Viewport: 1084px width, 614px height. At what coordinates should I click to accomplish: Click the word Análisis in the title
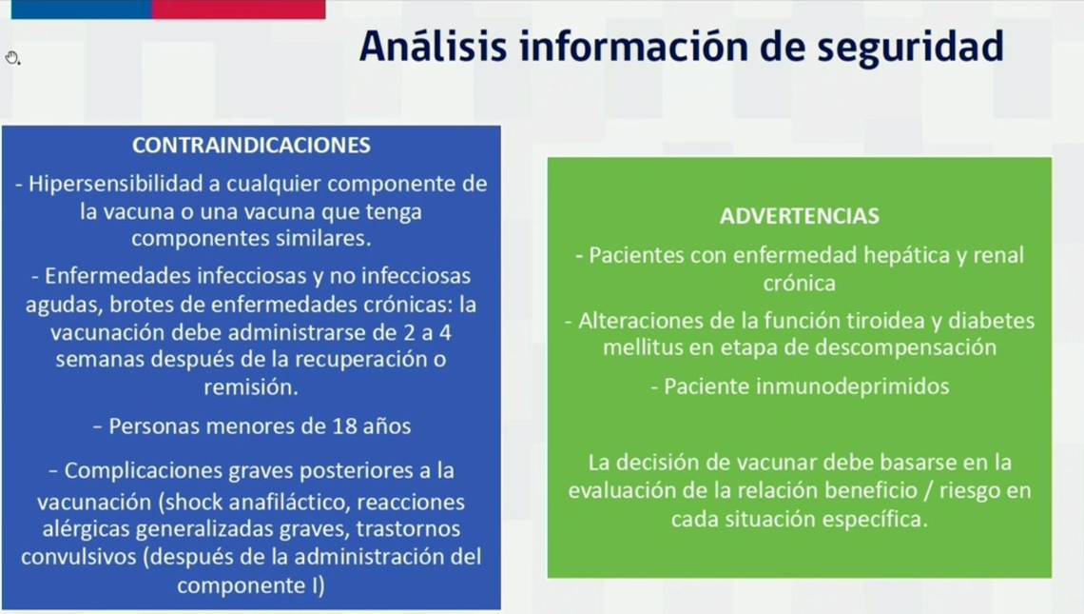pyautogui.click(x=433, y=46)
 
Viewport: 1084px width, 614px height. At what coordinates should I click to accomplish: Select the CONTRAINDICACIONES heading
pyautogui.click(x=251, y=146)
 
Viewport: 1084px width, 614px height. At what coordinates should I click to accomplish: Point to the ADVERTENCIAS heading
pyautogui.click(x=799, y=216)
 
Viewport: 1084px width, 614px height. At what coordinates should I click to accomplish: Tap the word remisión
pyautogui.click(x=251, y=386)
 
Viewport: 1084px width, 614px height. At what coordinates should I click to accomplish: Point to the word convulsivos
pyautogui.click(x=79, y=557)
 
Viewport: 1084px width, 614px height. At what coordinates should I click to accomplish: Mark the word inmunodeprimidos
pyautogui.click(x=852, y=386)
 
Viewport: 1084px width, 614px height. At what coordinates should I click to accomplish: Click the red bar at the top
pyautogui.click(x=239, y=9)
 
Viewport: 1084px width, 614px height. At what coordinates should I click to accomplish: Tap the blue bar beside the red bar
pyautogui.click(x=82, y=9)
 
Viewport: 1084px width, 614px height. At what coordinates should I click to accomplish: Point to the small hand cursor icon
pyautogui.click(x=12, y=58)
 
